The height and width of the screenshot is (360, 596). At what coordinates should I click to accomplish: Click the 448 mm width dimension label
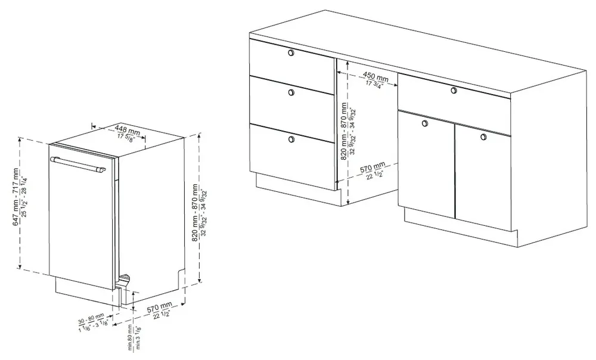tap(128, 129)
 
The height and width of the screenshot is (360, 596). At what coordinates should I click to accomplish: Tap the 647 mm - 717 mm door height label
tap(15, 197)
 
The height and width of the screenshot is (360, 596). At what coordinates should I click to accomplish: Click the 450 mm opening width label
tap(375, 77)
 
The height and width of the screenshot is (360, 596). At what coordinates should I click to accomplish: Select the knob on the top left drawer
tap(291, 52)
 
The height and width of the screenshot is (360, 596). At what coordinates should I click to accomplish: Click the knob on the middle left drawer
tap(291, 92)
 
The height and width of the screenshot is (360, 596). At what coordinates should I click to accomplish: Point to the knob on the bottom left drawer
tap(291, 139)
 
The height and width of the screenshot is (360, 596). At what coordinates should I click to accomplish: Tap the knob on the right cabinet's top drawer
tap(454, 91)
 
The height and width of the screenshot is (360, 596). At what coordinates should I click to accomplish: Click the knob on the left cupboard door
tap(425, 123)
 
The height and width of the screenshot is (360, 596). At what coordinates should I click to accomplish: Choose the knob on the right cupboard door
tap(483, 137)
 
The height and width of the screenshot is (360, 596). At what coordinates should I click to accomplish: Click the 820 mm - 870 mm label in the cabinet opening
tap(344, 131)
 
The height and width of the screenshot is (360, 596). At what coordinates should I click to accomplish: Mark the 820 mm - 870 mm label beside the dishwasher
tap(195, 213)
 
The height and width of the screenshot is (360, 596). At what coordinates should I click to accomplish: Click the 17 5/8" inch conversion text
tap(126, 138)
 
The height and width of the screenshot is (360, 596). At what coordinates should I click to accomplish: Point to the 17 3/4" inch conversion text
tap(375, 85)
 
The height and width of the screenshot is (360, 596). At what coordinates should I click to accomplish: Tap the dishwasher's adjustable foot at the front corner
tap(125, 280)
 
